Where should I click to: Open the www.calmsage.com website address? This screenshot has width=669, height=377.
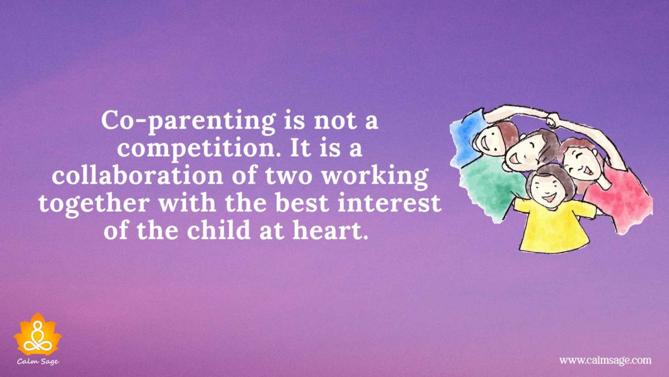[605, 360]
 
